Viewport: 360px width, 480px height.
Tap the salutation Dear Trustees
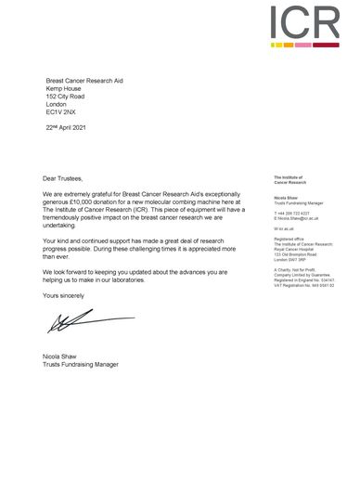[63, 177]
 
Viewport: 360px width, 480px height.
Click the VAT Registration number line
[303, 284]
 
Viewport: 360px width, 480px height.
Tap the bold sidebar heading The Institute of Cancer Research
[290, 179]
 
